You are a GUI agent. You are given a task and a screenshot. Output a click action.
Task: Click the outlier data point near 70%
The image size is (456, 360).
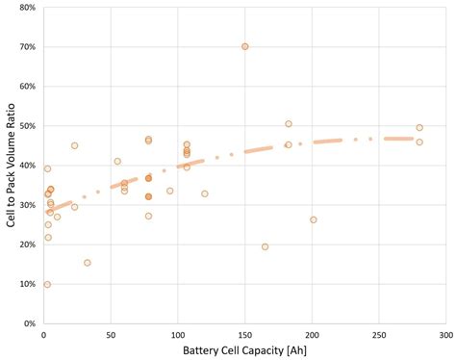pos(244,46)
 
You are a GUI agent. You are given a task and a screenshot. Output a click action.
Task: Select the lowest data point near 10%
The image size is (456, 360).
pos(47,285)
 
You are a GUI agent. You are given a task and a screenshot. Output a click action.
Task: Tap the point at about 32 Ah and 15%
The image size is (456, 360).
pos(87,263)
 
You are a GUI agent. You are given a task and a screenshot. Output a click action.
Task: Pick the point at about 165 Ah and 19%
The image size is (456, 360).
pos(265,246)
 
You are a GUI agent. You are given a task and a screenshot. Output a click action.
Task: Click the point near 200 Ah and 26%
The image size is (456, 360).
pos(313,219)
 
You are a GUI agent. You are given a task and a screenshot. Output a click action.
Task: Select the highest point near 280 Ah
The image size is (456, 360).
pos(419,127)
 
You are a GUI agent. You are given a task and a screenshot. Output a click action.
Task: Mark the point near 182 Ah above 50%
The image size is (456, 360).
pos(288,123)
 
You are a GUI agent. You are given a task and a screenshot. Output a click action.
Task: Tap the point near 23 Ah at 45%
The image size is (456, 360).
pos(74,145)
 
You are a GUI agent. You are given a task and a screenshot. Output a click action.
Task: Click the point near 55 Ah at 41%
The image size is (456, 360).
pos(117,162)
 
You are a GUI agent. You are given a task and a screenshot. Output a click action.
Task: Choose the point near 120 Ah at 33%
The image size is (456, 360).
pos(204,193)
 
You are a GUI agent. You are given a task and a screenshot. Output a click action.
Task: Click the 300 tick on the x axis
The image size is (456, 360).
pos(445,336)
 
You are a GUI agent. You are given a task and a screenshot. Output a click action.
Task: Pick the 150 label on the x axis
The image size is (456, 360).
pos(244,336)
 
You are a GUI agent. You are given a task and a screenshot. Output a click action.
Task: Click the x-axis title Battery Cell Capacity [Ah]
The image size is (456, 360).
pos(244,351)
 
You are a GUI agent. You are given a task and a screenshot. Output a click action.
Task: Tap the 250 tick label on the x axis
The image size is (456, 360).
pos(378,336)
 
